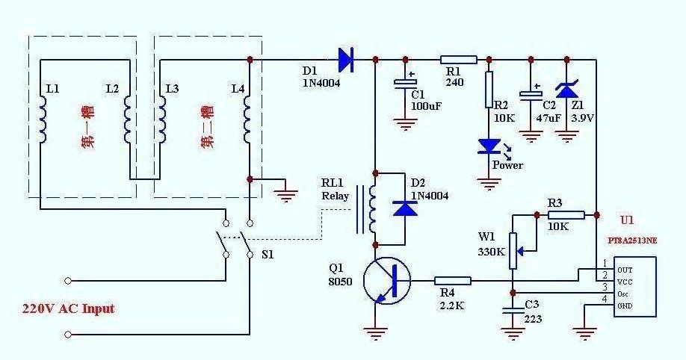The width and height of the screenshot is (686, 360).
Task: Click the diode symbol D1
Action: (346, 58)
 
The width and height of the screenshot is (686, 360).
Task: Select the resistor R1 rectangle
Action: (459, 59)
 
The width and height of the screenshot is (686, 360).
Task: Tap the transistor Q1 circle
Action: (386, 281)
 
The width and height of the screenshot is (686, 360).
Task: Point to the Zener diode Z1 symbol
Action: (567, 90)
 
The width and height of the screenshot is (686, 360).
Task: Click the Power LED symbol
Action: (489, 146)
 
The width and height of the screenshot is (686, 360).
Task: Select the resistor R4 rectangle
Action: (453, 281)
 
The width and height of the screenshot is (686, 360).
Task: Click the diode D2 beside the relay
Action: (405, 208)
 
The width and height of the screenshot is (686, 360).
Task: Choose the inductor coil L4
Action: (250, 120)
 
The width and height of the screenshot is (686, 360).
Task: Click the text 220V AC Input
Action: (68, 308)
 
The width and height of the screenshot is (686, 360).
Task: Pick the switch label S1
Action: (267, 254)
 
